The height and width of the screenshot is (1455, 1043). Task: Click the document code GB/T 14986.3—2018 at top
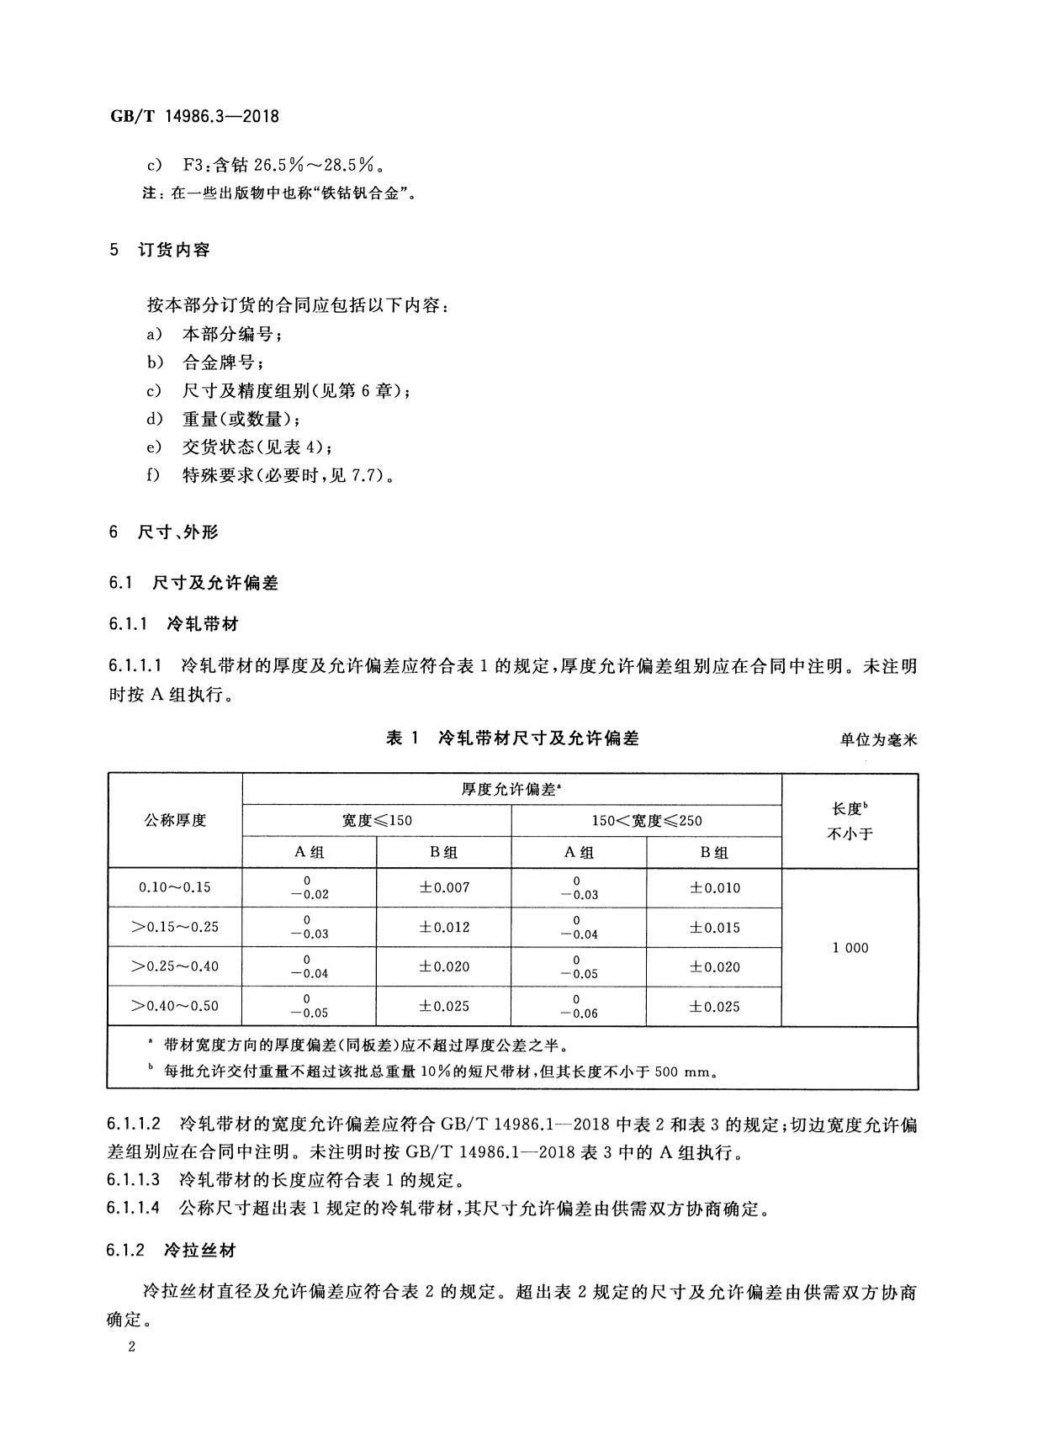click(194, 117)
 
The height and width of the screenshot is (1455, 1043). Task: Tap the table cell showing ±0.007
click(444, 887)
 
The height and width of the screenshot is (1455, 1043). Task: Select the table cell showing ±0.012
click(444, 927)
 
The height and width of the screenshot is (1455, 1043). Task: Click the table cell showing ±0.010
click(714, 887)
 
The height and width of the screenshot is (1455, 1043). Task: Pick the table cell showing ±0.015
click(714, 927)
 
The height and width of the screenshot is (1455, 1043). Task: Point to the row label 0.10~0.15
click(175, 887)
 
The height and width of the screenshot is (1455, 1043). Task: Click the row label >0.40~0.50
click(175, 1006)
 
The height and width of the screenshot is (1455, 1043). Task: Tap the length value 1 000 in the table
click(850, 948)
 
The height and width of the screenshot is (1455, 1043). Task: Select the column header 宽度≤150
click(377, 820)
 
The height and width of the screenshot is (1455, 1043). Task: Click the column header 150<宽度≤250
click(646, 820)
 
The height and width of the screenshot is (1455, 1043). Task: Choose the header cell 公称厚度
click(175, 820)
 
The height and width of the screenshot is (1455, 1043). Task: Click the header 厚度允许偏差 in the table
click(511, 789)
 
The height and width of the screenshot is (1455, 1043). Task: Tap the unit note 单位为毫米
click(878, 740)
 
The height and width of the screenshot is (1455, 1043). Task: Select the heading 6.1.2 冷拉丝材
click(172, 1251)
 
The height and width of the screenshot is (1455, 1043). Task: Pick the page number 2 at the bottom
click(131, 1347)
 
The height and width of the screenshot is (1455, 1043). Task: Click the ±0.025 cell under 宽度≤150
click(444, 1006)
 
